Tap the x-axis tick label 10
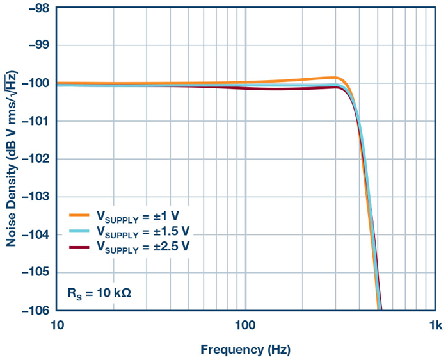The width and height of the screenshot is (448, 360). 56,326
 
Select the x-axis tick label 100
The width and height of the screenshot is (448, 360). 245,326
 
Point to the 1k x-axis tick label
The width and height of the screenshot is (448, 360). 435,326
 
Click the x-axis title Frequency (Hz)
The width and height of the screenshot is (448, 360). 245,350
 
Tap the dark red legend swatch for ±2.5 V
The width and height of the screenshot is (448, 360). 80,245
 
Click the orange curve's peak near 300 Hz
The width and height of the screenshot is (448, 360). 334,78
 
